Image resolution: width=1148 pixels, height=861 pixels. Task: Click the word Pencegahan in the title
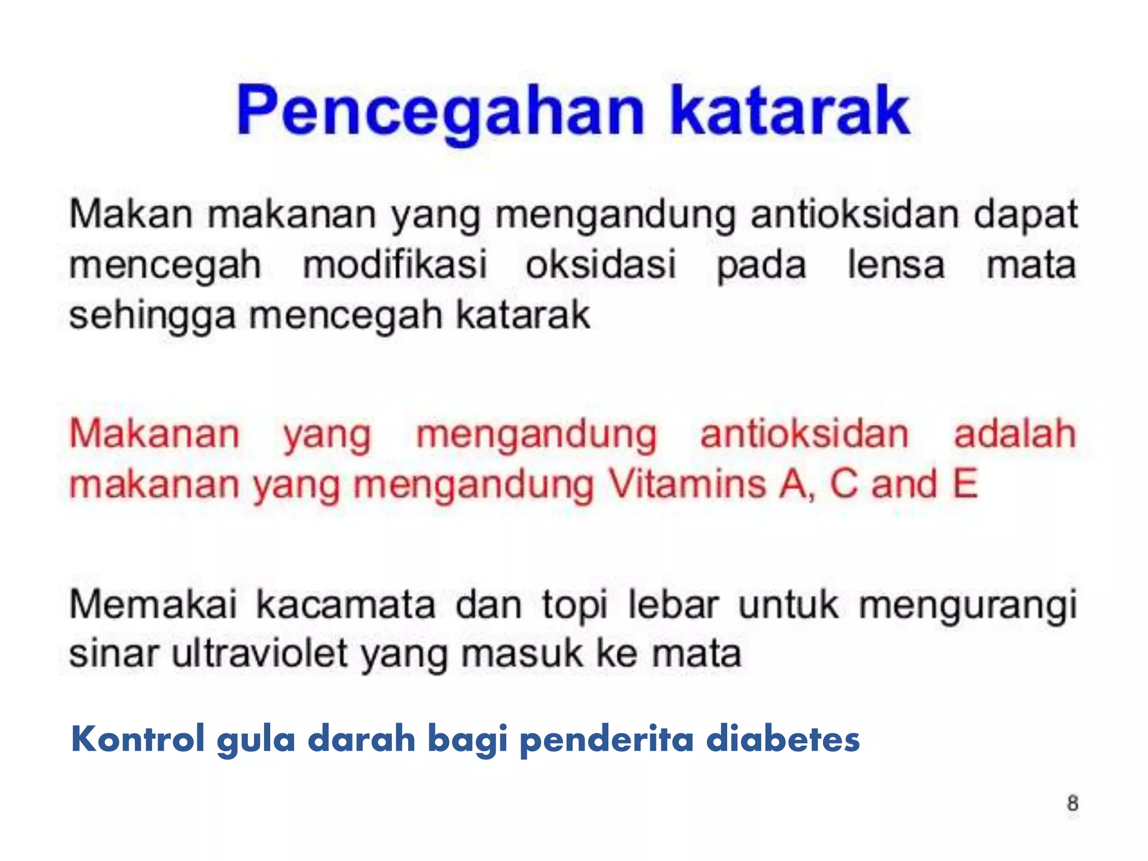pos(441,112)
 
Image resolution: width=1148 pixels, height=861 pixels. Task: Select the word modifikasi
pos(395,265)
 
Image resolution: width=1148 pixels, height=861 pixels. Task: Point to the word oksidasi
pos(601,265)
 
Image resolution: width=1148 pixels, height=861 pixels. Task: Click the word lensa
pos(896,265)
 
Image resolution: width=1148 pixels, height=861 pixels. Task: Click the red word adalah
pos(1015,434)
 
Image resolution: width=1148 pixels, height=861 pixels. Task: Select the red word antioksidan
pos(804,434)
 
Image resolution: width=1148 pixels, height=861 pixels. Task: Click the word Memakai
pos(153,605)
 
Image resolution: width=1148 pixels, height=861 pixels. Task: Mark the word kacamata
pos(346,605)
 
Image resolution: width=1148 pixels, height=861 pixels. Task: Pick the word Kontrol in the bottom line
pos(138,739)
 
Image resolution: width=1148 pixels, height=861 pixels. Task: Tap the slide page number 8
pos(1072,803)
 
